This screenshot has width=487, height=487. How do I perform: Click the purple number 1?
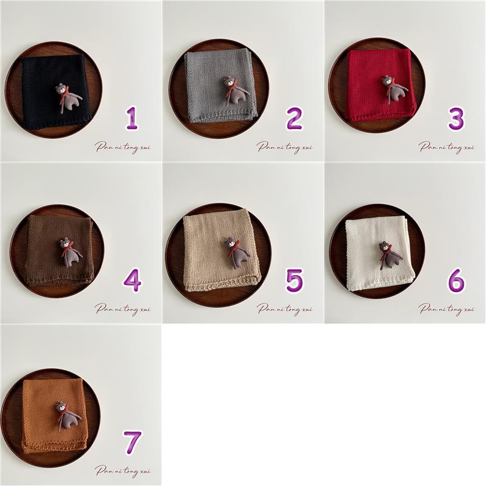(131, 118)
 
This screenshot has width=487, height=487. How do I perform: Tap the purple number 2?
(294, 118)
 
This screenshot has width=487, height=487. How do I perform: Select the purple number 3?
(456, 118)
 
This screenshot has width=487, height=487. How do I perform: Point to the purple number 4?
(132, 280)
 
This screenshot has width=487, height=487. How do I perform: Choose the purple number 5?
(294, 280)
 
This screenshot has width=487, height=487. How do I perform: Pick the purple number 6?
(456, 280)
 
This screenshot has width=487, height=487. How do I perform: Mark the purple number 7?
(133, 443)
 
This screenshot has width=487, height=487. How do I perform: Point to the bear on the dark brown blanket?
(71, 252)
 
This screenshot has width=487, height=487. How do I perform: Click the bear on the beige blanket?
(237, 253)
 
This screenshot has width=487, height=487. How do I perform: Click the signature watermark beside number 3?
(446, 147)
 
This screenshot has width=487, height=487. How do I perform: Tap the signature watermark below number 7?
(123, 471)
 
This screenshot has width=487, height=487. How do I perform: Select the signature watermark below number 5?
(284, 309)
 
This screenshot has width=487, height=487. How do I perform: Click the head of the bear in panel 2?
(229, 82)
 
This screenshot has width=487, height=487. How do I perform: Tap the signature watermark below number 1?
(123, 147)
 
